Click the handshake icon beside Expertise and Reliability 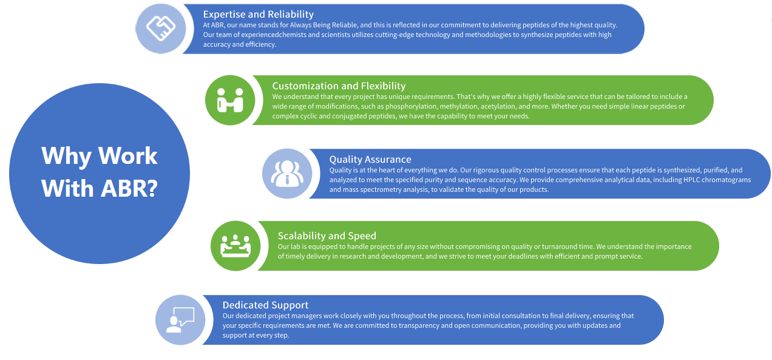pos(160,29)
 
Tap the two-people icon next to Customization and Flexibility pos(230,100)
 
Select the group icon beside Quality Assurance pos(287,174)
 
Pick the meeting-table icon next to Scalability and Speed pos(235,245)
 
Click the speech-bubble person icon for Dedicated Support pos(180,319)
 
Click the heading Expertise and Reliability pos(258,14)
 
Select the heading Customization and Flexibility pos(339,86)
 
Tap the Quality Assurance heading pos(370,159)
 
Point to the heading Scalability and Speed pos(327,236)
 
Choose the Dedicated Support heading pos(265,305)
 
